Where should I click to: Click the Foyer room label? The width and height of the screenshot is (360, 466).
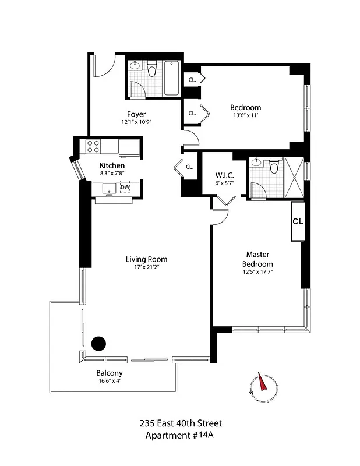click(136, 114)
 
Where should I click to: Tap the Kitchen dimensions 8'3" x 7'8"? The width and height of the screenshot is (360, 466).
click(111, 174)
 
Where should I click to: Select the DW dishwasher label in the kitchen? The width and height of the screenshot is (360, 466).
click(125, 186)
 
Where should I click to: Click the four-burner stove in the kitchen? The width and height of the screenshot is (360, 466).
click(94, 146)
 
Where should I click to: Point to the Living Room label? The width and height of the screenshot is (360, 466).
click(146, 259)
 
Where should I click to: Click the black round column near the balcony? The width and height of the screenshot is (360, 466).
click(99, 344)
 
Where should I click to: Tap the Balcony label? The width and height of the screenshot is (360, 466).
click(109, 373)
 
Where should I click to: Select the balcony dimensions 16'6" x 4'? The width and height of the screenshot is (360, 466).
click(109, 381)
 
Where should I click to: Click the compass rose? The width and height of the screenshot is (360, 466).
click(264, 386)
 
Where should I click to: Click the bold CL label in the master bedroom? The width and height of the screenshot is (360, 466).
click(298, 222)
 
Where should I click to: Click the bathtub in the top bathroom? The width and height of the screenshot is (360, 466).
click(171, 78)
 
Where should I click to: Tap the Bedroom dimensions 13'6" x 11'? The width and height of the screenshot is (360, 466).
click(245, 116)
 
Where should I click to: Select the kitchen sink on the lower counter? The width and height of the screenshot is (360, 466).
click(108, 188)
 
